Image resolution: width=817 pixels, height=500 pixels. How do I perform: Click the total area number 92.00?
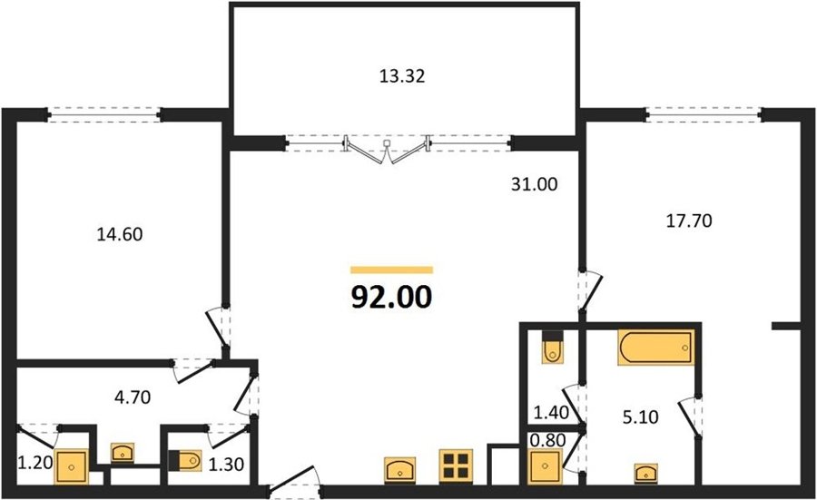pos(392,298)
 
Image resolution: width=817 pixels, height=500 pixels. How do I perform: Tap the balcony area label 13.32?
pos(402,76)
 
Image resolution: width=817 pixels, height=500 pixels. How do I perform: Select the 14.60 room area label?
pos(120,234)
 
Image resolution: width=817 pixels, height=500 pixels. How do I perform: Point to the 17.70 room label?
pos(689,221)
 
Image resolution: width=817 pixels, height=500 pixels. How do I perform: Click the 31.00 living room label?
pos(534,184)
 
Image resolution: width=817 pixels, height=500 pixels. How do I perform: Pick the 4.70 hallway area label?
pos(133,397)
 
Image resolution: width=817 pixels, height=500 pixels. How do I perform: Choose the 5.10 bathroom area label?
pos(640,417)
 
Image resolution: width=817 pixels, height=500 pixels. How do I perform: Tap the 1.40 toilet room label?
pos(551,413)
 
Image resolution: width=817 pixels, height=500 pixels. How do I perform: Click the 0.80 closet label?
pos(547,440)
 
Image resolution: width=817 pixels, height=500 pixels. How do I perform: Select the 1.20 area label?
pos(36,462)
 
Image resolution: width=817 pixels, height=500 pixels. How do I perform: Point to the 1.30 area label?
pos(226,464)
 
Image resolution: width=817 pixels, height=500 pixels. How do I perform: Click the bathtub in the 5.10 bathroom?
pos(656,348)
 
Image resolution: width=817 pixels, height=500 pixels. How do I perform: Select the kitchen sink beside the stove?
pos(400,469)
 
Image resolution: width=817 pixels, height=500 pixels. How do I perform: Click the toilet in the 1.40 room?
pos(552,347)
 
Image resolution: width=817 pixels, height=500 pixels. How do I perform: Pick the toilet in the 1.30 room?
pos(185,460)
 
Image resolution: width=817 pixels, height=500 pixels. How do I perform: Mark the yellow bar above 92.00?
pos(392,270)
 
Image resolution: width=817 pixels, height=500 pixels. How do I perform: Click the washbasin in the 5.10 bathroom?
pos(645,474)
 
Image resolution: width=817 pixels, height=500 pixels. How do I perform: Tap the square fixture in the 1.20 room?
pos(72,466)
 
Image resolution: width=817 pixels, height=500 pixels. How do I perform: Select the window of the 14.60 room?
pos(104,114)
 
